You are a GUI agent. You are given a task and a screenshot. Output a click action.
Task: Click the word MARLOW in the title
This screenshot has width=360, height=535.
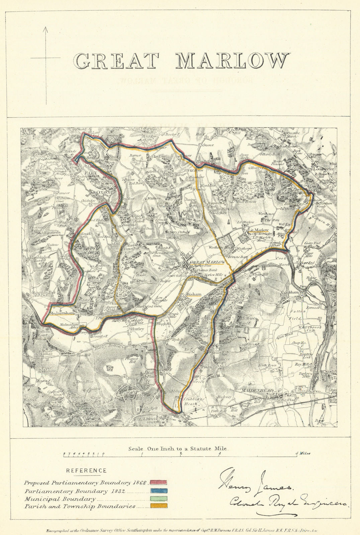(232, 61)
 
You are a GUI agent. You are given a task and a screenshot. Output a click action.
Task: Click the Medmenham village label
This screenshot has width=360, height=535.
(60, 313)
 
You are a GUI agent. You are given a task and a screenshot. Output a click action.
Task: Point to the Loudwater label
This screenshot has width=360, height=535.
(323, 169)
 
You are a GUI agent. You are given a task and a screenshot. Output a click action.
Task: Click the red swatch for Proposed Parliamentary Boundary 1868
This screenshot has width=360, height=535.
(158, 482)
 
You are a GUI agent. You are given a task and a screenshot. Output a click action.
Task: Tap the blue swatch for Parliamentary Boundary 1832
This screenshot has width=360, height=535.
(158, 491)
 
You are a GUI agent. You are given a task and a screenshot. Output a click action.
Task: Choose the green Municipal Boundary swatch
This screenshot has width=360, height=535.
(158, 499)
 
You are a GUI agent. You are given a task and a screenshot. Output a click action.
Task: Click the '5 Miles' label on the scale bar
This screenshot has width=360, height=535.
(302, 454)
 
